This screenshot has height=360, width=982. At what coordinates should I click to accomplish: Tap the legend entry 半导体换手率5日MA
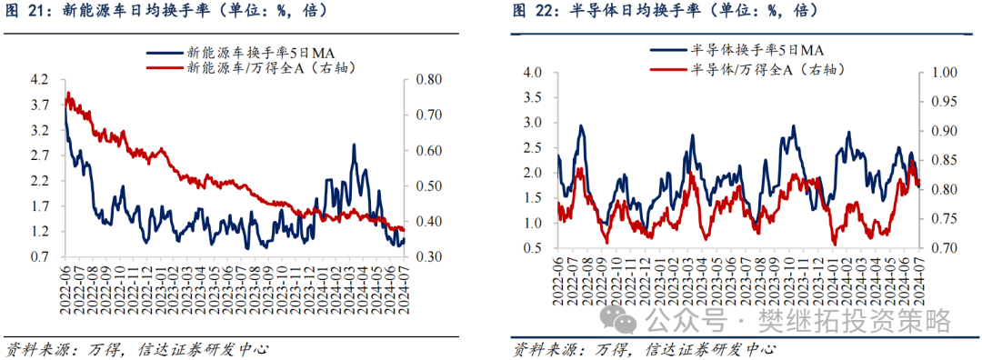pos(736,50)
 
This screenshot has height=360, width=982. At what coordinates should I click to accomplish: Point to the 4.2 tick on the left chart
pos(40,80)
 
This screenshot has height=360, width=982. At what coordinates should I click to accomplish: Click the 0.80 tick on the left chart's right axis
pos(429,80)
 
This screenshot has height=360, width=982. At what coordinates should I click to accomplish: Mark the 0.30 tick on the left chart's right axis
pos(429,257)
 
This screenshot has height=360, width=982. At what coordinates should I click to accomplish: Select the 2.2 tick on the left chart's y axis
pos(40,182)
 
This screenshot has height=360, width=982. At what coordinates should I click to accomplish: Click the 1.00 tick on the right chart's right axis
pos(941,73)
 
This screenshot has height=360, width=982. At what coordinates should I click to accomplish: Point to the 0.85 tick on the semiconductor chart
pos(941,160)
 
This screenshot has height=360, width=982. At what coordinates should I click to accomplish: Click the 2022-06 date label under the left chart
pos(65,285)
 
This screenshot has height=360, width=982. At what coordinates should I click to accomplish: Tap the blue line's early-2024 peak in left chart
pos(354,145)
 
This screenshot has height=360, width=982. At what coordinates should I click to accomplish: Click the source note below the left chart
pos(137,348)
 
